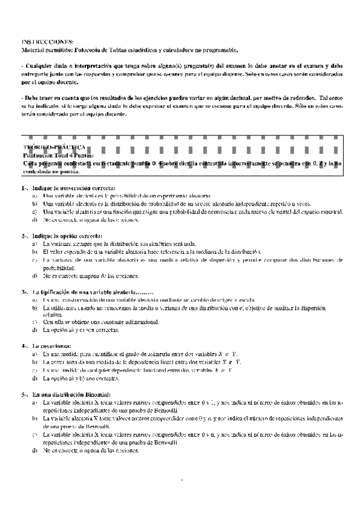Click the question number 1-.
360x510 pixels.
(x=24, y=188)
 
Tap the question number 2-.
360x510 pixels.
(x=24, y=235)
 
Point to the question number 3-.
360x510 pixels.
(x=24, y=291)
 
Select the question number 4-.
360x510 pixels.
(x=24, y=346)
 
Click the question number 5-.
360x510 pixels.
(x=24, y=394)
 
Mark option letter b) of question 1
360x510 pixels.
(x=35, y=204)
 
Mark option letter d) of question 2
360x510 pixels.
(x=35, y=275)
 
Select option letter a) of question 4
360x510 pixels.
(x=35, y=354)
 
